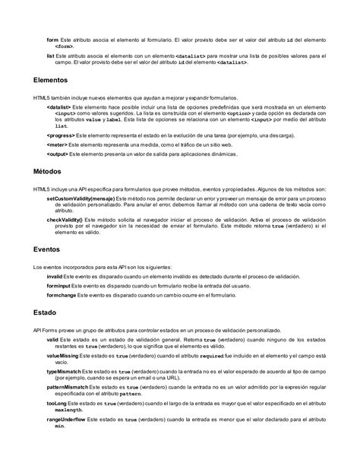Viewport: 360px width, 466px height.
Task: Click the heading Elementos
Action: (51, 79)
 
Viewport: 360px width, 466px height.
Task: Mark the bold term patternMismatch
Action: (69, 388)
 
